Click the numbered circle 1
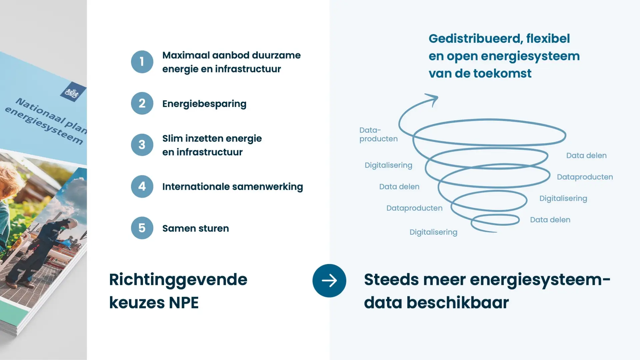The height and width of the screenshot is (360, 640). click(x=142, y=62)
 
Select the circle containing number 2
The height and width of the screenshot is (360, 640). click(x=142, y=103)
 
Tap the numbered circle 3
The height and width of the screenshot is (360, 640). click(x=142, y=145)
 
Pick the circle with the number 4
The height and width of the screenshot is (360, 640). click(x=142, y=186)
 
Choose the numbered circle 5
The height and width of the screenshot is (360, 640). click(x=142, y=228)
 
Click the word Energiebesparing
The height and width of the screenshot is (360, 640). click(x=204, y=104)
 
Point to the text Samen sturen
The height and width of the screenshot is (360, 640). click(x=196, y=228)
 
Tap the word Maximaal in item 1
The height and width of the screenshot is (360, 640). click(x=186, y=55)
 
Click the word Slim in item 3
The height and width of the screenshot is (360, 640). click(x=172, y=138)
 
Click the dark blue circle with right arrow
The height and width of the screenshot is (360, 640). click(x=329, y=281)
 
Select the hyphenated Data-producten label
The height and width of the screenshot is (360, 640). click(x=378, y=135)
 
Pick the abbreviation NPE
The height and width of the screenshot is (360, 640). click(x=184, y=303)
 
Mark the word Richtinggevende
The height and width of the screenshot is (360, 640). click(x=178, y=280)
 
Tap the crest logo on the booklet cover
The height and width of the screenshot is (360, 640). click(x=73, y=92)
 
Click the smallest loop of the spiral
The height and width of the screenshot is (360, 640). click(x=495, y=215)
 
